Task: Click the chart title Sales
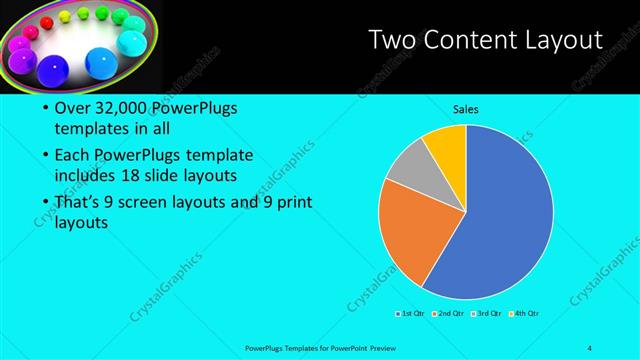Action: [x=465, y=109]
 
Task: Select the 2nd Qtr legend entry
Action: [x=449, y=314]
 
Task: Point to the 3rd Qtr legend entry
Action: [x=487, y=314]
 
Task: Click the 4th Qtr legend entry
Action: [x=525, y=314]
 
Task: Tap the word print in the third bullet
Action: [x=293, y=202]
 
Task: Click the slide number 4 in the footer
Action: [x=590, y=347]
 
